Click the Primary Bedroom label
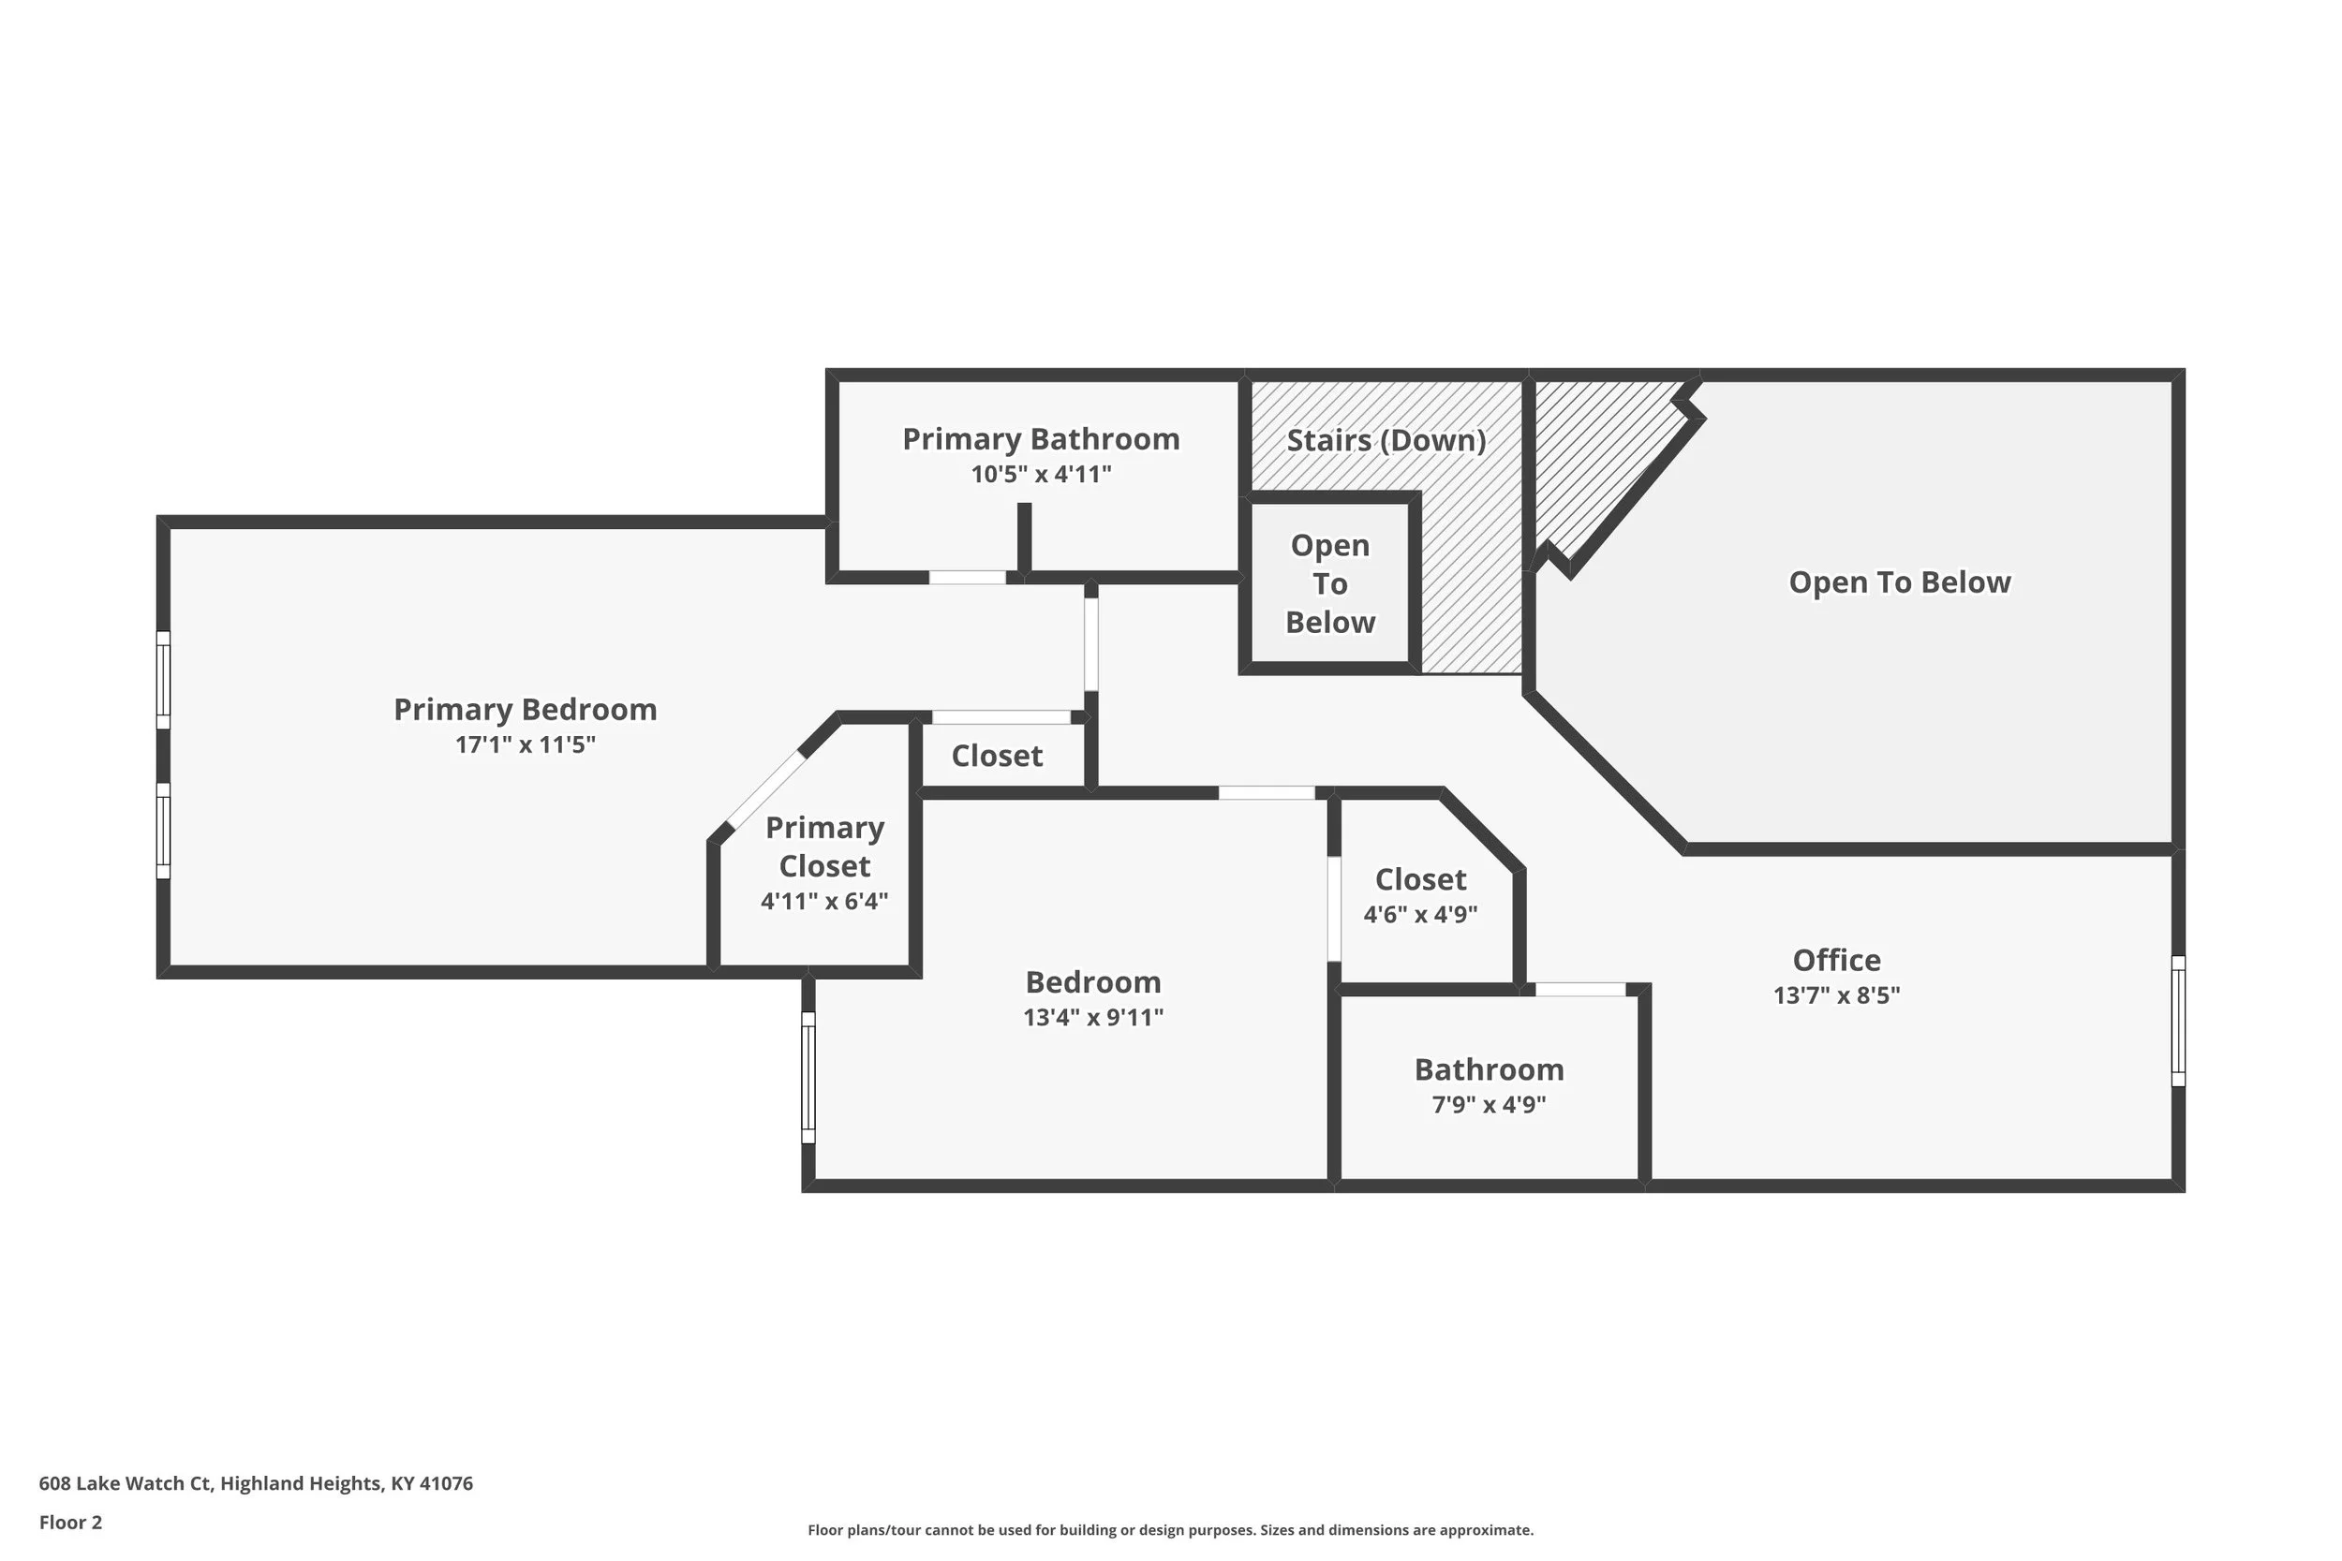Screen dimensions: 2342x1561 click(x=525, y=710)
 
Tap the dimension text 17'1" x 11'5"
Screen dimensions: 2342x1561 click(x=525, y=744)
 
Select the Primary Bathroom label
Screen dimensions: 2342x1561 click(x=1041, y=439)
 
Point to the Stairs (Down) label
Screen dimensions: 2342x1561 click(x=1386, y=440)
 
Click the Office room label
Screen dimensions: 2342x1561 click(x=1836, y=960)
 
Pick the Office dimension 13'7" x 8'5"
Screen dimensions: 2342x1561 click(x=1836, y=994)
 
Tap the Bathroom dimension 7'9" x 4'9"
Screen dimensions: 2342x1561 click(x=1489, y=1104)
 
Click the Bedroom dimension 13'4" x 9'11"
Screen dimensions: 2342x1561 click(x=1092, y=1016)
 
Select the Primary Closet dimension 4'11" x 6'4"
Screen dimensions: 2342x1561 click(x=823, y=901)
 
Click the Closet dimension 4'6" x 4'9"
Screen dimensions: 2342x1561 click(x=1420, y=914)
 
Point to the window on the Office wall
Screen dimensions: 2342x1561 click(x=2178, y=1021)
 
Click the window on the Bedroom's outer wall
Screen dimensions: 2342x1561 click(x=808, y=1077)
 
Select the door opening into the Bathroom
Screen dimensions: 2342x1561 click(x=1579, y=990)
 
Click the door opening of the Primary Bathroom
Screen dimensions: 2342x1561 click(x=967, y=578)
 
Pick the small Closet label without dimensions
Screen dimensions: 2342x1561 click(x=997, y=756)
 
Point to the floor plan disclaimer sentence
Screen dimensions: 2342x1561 click(x=1170, y=1529)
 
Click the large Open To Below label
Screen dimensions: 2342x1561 click(x=1899, y=582)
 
